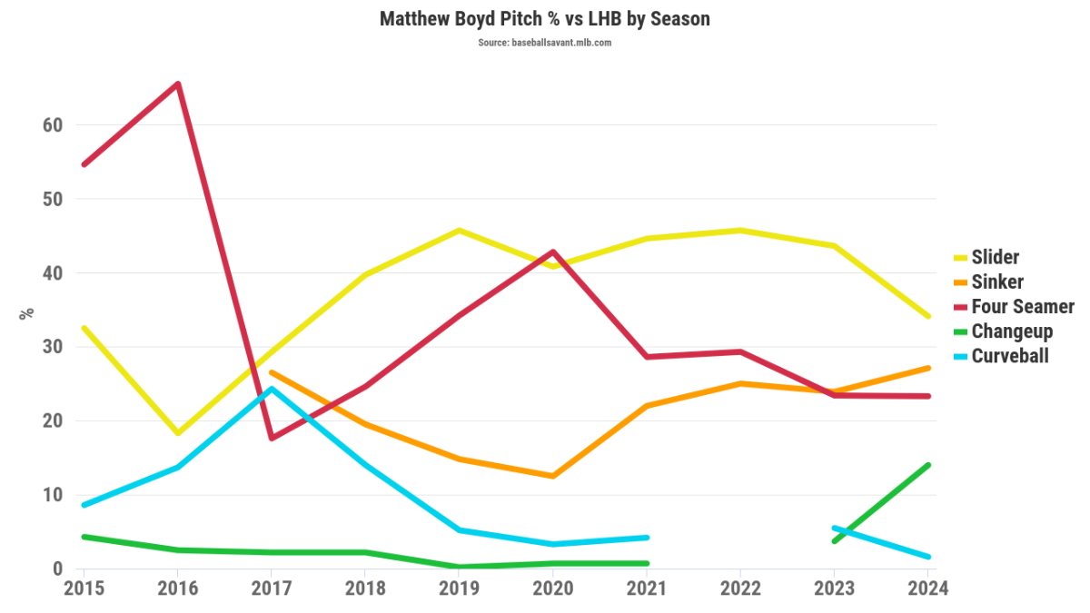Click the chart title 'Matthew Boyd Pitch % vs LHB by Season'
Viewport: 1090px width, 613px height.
545,18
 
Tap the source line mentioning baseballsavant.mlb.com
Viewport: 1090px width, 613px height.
545,43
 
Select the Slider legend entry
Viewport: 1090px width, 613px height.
995,257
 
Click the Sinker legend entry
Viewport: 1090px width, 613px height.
997,282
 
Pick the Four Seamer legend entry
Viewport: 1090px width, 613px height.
1022,306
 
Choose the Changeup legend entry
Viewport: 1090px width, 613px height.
1012,331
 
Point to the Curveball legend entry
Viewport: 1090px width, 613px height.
1009,355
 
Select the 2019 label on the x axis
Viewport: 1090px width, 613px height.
459,588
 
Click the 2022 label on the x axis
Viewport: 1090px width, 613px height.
740,588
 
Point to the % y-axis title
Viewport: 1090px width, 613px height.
27,312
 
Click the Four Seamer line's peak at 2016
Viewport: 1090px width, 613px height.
178,84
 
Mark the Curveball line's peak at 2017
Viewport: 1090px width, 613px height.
271,389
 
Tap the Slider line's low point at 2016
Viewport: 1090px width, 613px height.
178,433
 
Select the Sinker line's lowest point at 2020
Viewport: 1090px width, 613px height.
552,476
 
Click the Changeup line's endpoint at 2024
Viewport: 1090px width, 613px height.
928,465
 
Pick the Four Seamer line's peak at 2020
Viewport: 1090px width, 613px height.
552,252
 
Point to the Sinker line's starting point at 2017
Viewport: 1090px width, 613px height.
271,372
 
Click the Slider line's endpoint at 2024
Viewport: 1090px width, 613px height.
928,316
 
